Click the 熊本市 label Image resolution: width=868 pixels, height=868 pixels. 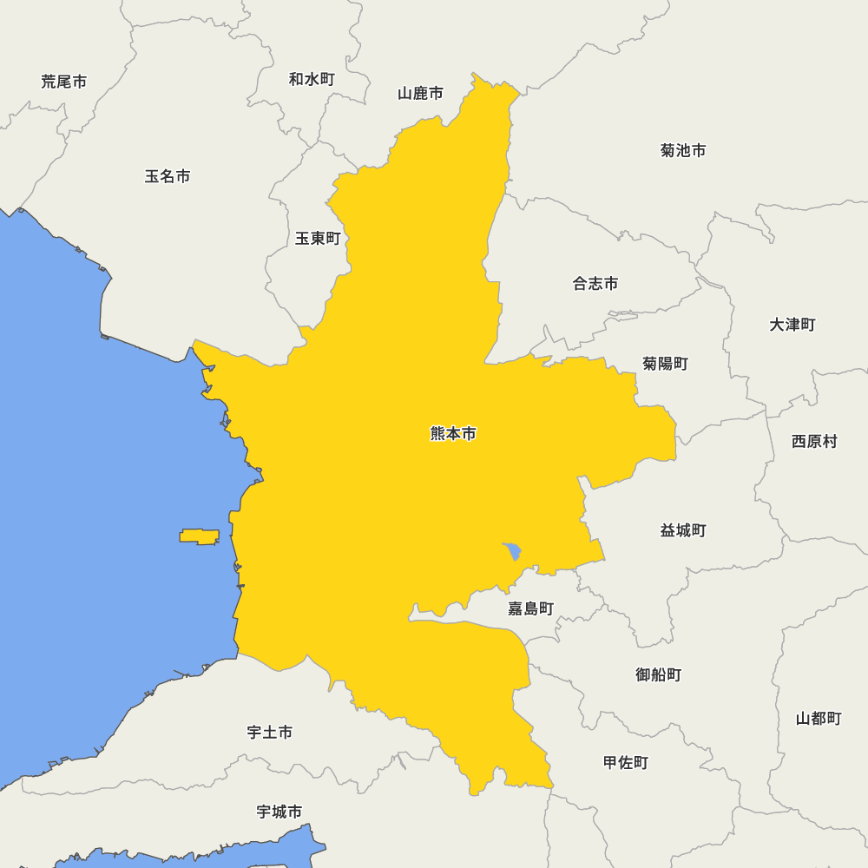pyautogui.click(x=453, y=434)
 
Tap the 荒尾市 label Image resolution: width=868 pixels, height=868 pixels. pyautogui.click(x=64, y=82)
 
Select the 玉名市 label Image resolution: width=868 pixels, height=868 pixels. pyautogui.click(x=168, y=176)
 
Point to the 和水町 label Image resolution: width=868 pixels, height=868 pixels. pyautogui.click(x=312, y=79)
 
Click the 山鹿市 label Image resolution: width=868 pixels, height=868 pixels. pyautogui.click(x=421, y=93)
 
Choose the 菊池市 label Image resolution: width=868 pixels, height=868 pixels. pyautogui.click(x=683, y=150)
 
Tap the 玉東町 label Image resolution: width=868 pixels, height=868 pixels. pyautogui.click(x=318, y=238)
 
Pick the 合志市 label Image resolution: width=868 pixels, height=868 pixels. pyautogui.click(x=595, y=284)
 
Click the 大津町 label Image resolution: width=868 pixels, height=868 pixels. pyautogui.click(x=792, y=325)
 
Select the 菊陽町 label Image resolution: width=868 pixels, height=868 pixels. pyautogui.click(x=666, y=364)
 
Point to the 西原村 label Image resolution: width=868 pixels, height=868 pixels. pyautogui.click(x=814, y=441)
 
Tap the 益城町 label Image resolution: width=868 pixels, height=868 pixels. pyautogui.click(x=683, y=530)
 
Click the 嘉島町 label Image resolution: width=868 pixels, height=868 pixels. pyautogui.click(x=530, y=608)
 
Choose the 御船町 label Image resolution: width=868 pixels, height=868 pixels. pyautogui.click(x=659, y=674)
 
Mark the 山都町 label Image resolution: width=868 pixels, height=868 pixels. pyautogui.click(x=819, y=719)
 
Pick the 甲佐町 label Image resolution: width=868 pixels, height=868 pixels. pyautogui.click(x=626, y=763)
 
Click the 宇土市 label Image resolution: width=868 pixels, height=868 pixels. pyautogui.click(x=270, y=733)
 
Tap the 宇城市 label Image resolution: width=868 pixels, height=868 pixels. pyautogui.click(x=279, y=812)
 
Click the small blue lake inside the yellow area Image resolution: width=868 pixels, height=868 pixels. pyautogui.click(x=512, y=551)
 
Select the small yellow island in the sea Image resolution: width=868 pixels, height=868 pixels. pyautogui.click(x=200, y=536)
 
